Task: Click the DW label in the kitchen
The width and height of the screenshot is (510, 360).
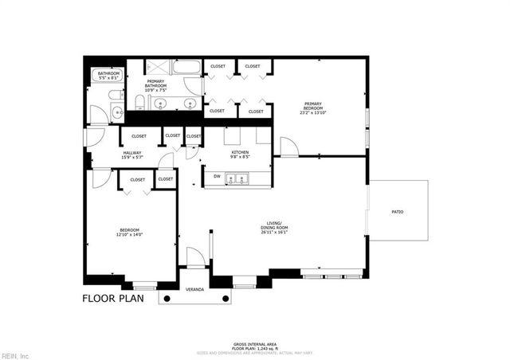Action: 216,176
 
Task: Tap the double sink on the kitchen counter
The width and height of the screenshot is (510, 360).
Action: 237,181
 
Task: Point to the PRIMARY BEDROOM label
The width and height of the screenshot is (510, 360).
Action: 312,106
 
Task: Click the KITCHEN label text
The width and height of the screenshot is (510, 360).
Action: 240,152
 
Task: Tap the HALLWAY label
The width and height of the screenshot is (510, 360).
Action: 132,153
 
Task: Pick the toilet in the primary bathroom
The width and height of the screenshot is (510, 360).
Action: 139,101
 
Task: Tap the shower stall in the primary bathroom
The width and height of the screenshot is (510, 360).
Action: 158,66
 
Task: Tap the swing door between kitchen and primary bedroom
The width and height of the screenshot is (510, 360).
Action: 288,148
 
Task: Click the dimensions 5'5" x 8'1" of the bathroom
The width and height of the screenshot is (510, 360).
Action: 107,78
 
